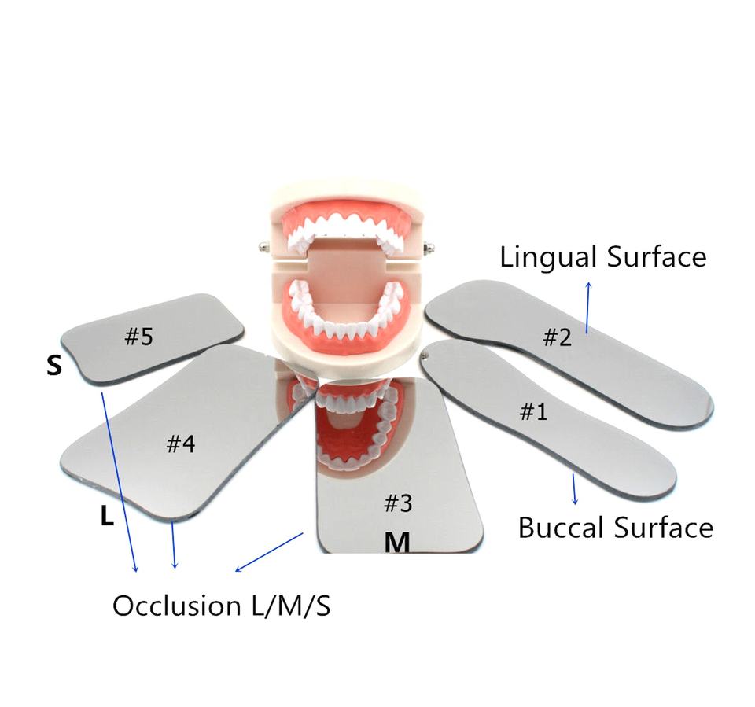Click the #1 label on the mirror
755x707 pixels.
point(535,411)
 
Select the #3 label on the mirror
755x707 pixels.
point(398,503)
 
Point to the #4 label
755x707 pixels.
point(181,444)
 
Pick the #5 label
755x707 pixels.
point(138,337)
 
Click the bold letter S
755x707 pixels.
point(54,366)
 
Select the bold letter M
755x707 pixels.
point(397,543)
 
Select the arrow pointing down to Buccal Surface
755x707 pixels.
point(575,488)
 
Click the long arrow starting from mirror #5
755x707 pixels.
point(120,480)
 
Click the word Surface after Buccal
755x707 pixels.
point(666,527)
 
